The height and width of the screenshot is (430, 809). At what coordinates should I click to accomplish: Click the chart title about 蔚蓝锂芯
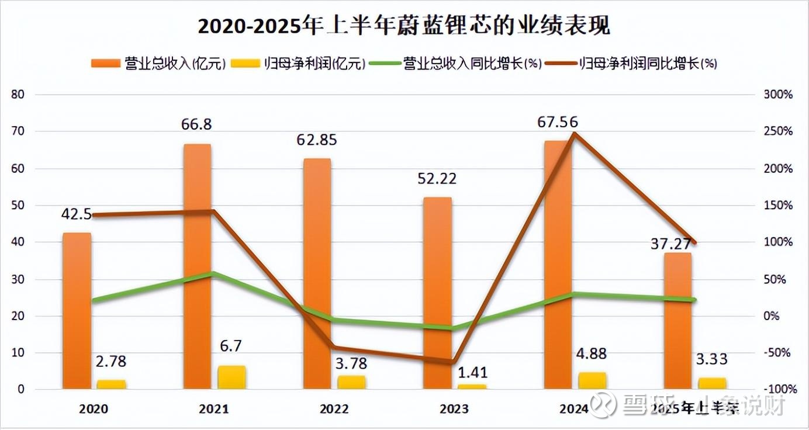coord(404,26)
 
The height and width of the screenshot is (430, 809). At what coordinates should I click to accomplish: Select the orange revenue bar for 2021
coord(197,266)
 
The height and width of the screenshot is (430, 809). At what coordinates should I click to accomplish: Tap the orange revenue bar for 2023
coord(438,292)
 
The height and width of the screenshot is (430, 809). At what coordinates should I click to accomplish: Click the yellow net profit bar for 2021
coord(231,377)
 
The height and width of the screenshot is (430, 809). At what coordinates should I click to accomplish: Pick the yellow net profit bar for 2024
coord(592,380)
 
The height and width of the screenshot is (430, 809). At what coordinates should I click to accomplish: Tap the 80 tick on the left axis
coord(18,95)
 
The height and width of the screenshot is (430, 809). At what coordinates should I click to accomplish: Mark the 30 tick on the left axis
coord(18,279)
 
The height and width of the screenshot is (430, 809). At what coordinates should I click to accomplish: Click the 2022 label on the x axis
coord(334,409)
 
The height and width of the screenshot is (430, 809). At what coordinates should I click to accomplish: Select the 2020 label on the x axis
coord(94,409)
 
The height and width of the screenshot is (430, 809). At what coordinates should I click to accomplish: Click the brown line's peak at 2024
coord(575,134)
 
